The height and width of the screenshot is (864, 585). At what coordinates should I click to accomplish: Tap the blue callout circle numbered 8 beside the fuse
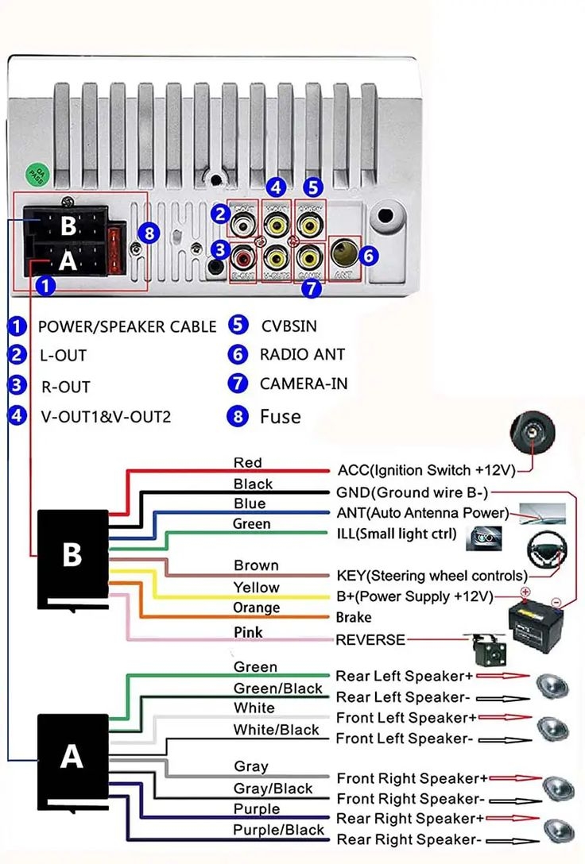pyautogui.click(x=148, y=233)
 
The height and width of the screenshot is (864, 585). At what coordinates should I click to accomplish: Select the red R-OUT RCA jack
pyautogui.click(x=242, y=256)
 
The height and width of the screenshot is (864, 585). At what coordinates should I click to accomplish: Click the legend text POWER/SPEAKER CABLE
pyautogui.click(x=127, y=326)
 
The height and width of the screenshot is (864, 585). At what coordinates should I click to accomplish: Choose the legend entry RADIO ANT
pyautogui.click(x=302, y=355)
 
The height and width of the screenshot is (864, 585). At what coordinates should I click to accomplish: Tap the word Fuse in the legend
pyautogui.click(x=280, y=416)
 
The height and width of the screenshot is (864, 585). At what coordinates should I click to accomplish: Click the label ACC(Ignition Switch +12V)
pyautogui.click(x=426, y=469)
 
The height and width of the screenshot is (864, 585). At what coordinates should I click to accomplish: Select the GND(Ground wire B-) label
pyautogui.click(x=412, y=492)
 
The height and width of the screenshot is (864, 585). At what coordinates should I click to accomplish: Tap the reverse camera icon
pyautogui.click(x=484, y=647)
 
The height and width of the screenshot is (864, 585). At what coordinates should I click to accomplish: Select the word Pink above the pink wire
pyautogui.click(x=248, y=632)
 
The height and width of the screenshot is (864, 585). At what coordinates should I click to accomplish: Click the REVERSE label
pyautogui.click(x=370, y=639)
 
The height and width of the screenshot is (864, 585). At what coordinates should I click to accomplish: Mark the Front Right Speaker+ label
pyautogui.click(x=412, y=778)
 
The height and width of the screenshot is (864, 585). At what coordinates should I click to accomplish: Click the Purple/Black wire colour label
pyautogui.click(x=267, y=830)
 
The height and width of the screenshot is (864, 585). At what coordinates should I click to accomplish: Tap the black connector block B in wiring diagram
pyautogui.click(x=73, y=557)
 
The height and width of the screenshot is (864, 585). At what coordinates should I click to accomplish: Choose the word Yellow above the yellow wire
pyautogui.click(x=256, y=588)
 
